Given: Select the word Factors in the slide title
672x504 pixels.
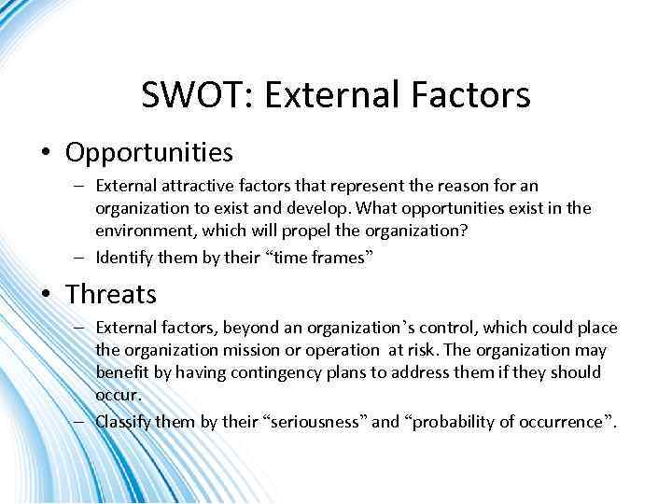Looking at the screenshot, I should pos(475,95).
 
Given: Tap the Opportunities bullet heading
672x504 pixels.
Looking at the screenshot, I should pos(149,151).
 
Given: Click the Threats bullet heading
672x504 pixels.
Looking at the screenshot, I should pos(111,294).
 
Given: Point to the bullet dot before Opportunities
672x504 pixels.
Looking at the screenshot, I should pos(47,152).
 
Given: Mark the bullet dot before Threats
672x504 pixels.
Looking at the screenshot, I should pos(47,295).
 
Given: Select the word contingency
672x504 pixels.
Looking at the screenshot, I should pos(266,372).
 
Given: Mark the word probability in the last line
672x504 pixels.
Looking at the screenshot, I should pos(451,421).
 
